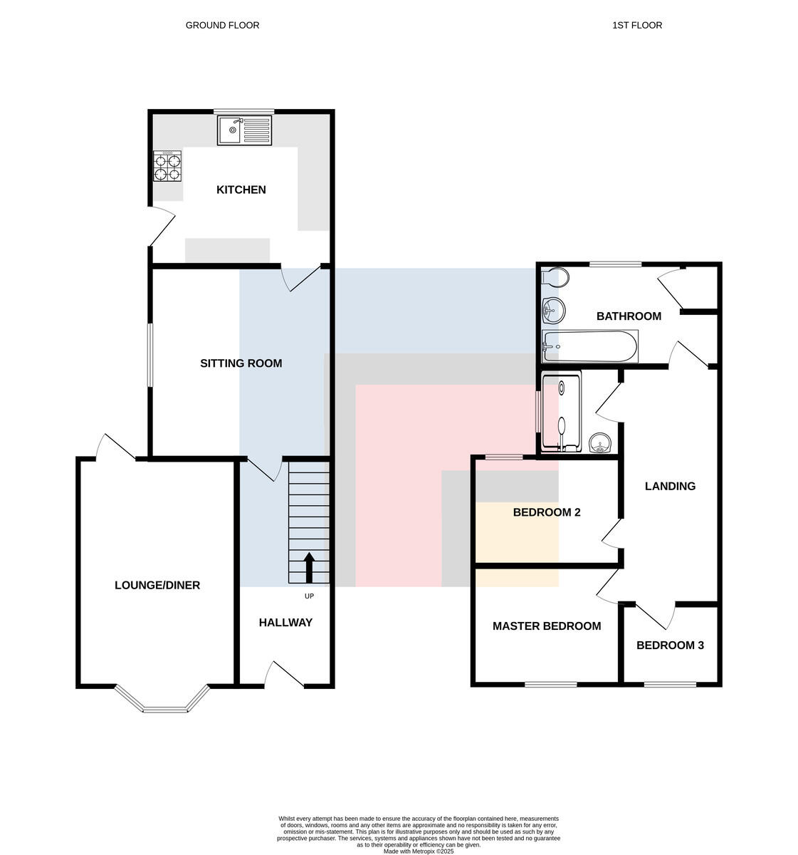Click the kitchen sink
[244, 130]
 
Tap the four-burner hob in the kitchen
[167, 166]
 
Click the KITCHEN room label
[241, 190]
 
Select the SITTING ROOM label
[241, 363]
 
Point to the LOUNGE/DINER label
[157, 585]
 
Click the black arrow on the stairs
[309, 568]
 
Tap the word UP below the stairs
[309, 596]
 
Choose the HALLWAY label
[285, 622]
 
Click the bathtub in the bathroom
[589, 346]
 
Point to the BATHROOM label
[629, 316]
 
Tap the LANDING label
[670, 486]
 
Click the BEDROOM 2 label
[546, 512]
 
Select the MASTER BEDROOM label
[546, 626]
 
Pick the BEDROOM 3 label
[670, 646]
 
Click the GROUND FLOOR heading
[222, 26]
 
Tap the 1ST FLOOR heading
[637, 26]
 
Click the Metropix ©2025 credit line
[418, 851]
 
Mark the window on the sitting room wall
[150, 355]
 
